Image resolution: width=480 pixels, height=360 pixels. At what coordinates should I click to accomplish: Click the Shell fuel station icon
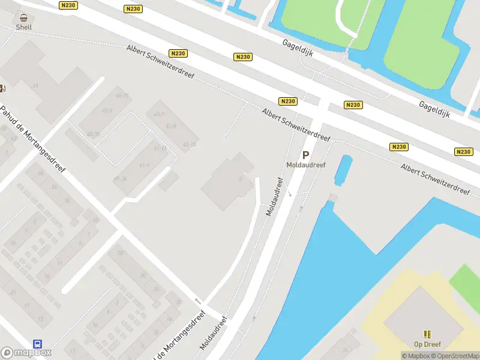(x=23, y=18)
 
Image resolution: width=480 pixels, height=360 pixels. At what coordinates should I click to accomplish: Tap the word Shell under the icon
(x=23, y=27)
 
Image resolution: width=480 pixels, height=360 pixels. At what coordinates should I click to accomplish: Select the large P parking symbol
(x=305, y=155)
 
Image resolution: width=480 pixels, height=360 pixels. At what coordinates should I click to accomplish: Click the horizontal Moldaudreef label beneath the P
(x=305, y=164)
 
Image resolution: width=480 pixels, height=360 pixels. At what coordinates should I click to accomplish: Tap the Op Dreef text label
(x=427, y=344)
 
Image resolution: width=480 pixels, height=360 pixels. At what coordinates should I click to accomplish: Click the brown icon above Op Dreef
(x=427, y=334)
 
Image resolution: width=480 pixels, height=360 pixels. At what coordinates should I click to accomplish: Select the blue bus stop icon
(x=37, y=344)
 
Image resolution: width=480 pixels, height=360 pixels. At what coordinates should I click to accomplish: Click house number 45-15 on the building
(x=122, y=96)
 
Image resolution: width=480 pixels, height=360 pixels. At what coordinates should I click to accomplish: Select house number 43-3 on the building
(x=159, y=114)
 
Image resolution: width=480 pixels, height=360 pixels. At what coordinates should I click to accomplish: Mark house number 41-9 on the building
(x=144, y=165)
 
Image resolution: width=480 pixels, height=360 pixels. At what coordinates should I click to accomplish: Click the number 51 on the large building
(x=35, y=86)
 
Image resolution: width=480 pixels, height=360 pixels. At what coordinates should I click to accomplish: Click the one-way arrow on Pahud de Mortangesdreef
(x=196, y=299)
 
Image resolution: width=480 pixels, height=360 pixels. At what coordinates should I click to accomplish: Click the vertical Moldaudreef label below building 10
(x=275, y=197)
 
